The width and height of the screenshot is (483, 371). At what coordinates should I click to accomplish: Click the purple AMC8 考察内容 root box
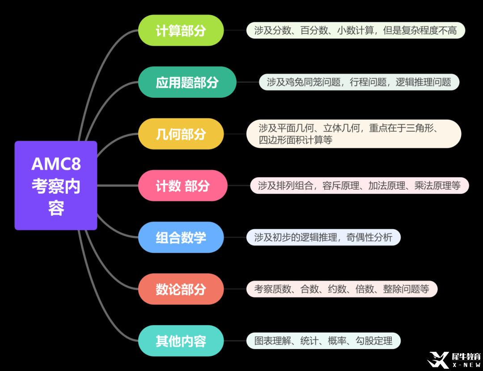pos(56,185)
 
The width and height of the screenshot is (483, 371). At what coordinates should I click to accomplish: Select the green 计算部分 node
pos(181,30)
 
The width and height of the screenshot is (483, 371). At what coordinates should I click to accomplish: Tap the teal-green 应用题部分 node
pos(187,82)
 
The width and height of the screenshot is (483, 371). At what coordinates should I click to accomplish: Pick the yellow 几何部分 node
pos(181,134)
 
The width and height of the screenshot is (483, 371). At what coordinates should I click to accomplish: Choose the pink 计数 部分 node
pos(182,186)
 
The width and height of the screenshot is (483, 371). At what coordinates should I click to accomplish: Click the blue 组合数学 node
pos(181,237)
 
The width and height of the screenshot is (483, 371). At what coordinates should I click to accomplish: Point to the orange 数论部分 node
pos(181,289)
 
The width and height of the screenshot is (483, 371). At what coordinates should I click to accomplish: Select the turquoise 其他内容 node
pos(181,341)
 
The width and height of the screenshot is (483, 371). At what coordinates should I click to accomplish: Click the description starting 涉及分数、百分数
pos(356,30)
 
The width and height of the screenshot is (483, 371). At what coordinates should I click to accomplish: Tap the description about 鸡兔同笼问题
pos(359,82)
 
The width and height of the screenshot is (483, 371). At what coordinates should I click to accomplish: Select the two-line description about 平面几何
pos(354,134)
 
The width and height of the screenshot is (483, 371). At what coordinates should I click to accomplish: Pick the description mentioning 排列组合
pos(359,186)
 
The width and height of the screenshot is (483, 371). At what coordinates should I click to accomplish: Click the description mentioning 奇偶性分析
pos(323,237)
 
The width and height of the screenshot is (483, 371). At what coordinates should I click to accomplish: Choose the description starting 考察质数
pos(342,289)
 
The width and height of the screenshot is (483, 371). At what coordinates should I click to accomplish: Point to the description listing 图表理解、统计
pos(323,341)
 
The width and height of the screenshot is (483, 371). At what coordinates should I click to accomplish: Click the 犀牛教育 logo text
pos(466,357)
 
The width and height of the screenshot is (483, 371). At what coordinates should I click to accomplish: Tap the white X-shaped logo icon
pos(438,360)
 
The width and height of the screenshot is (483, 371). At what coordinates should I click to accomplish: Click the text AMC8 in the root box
pos(56,164)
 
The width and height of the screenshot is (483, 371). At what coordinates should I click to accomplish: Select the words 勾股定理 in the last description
pos(374,341)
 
